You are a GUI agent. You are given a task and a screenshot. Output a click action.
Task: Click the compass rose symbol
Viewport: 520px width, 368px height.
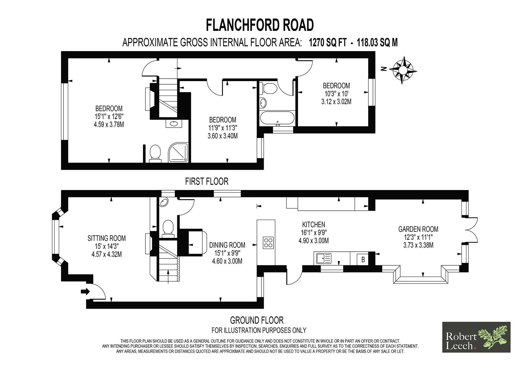(403, 70)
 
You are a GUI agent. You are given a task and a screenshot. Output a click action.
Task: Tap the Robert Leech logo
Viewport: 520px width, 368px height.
(476, 337)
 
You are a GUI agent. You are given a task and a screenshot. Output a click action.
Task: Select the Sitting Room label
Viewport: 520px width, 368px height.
(106, 246)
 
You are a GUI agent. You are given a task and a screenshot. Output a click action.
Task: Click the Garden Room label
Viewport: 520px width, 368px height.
(418, 237)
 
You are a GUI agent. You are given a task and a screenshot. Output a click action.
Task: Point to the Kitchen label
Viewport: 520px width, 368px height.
(314, 233)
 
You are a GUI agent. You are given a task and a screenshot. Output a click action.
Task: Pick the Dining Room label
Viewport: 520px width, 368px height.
(227, 253)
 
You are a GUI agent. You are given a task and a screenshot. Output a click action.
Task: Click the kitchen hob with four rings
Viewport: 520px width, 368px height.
(268, 242)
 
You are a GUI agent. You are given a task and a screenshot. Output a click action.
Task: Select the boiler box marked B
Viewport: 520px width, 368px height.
(363, 260)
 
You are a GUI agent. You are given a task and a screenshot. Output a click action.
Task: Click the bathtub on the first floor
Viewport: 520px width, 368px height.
(277, 118)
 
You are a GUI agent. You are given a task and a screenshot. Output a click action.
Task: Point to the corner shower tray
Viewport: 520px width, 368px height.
(178, 153)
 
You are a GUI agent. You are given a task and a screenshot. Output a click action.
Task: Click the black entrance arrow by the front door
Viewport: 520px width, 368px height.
(85, 291)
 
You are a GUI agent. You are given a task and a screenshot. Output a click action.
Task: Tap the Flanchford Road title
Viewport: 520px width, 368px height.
(260, 25)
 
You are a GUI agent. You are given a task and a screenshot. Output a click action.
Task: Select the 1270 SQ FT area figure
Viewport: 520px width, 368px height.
(328, 43)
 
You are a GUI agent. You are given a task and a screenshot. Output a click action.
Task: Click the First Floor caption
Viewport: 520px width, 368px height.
(207, 182)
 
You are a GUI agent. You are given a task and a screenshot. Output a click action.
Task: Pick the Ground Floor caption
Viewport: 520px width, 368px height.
(257, 321)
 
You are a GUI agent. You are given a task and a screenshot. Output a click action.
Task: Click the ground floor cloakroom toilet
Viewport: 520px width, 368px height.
(168, 228)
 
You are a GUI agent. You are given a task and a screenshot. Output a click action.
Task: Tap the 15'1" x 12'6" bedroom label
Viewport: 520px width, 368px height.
(109, 117)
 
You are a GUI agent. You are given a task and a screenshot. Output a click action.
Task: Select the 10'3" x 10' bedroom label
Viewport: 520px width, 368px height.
(336, 94)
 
